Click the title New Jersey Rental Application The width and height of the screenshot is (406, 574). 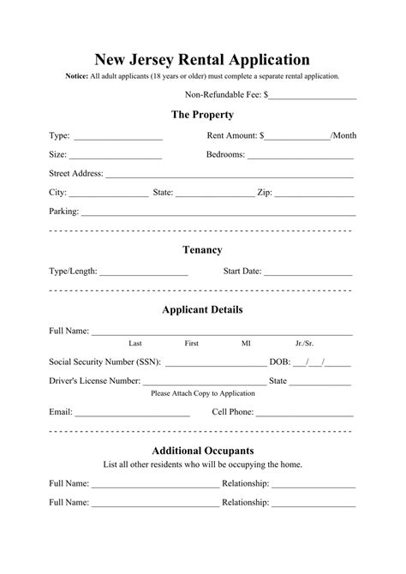click(202, 59)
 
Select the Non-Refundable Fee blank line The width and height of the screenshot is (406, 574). click(313, 97)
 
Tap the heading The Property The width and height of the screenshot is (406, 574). click(202, 115)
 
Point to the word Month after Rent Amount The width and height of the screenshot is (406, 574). click(345, 136)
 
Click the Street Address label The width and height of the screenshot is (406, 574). click(76, 173)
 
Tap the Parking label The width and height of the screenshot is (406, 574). click(64, 211)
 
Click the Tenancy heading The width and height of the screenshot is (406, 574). click(202, 250)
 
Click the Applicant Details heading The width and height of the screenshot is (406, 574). click(202, 309)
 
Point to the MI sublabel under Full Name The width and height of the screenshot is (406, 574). click(246, 343)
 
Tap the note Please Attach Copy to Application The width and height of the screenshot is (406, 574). click(202, 393)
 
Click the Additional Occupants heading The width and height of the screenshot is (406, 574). click(202, 450)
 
